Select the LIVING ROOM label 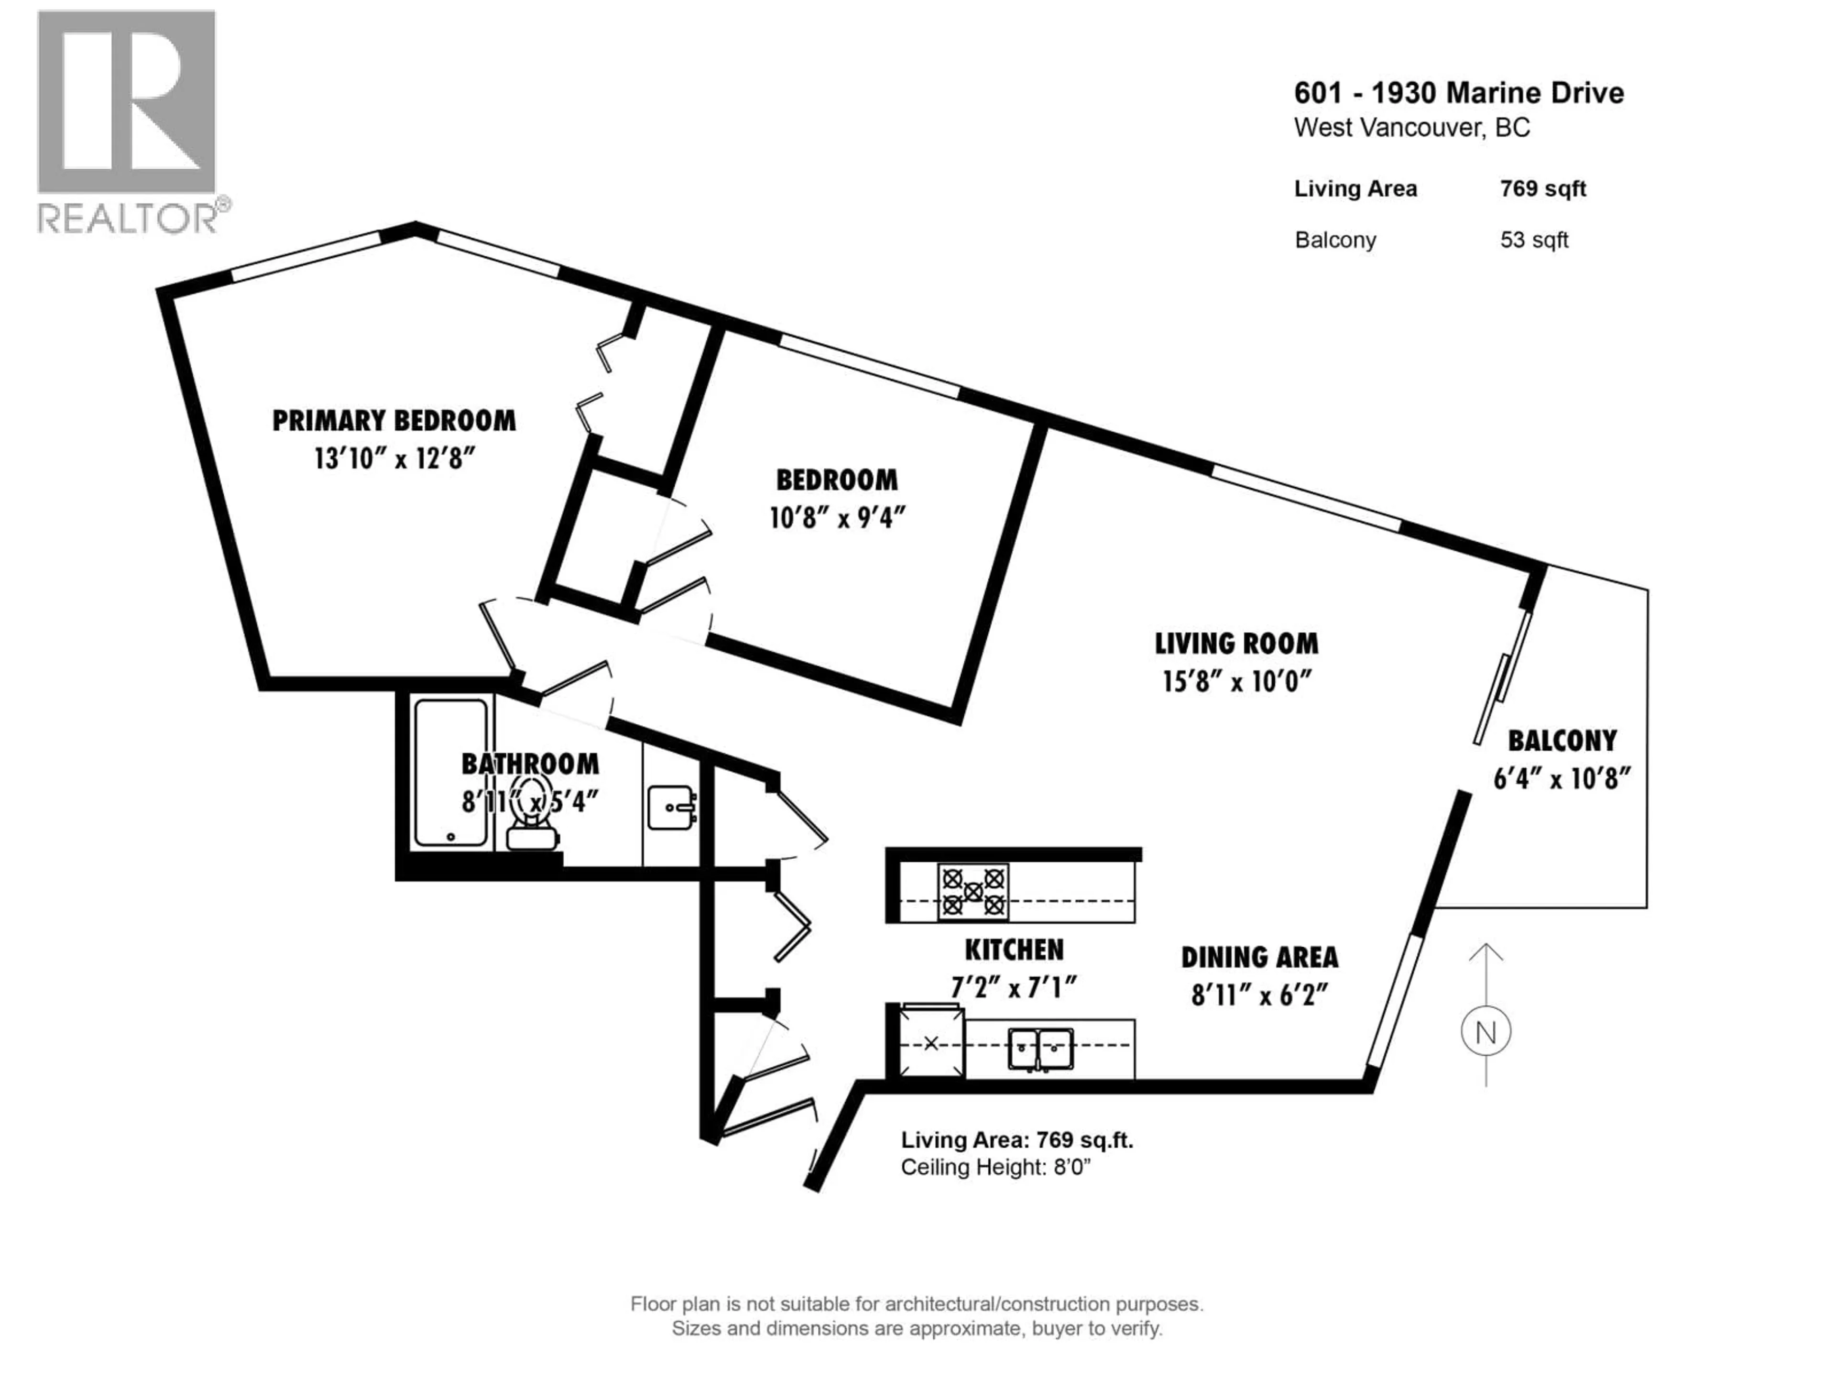[x=1236, y=643]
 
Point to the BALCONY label [x=1562, y=740]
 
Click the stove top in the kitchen [x=973, y=892]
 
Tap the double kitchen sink [x=1041, y=1049]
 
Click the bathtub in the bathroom [x=451, y=772]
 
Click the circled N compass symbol [x=1486, y=1033]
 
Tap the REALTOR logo [x=129, y=120]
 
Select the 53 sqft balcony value [x=1534, y=240]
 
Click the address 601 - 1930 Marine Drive [x=1458, y=93]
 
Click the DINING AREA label [x=1259, y=957]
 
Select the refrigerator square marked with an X [x=931, y=1042]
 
